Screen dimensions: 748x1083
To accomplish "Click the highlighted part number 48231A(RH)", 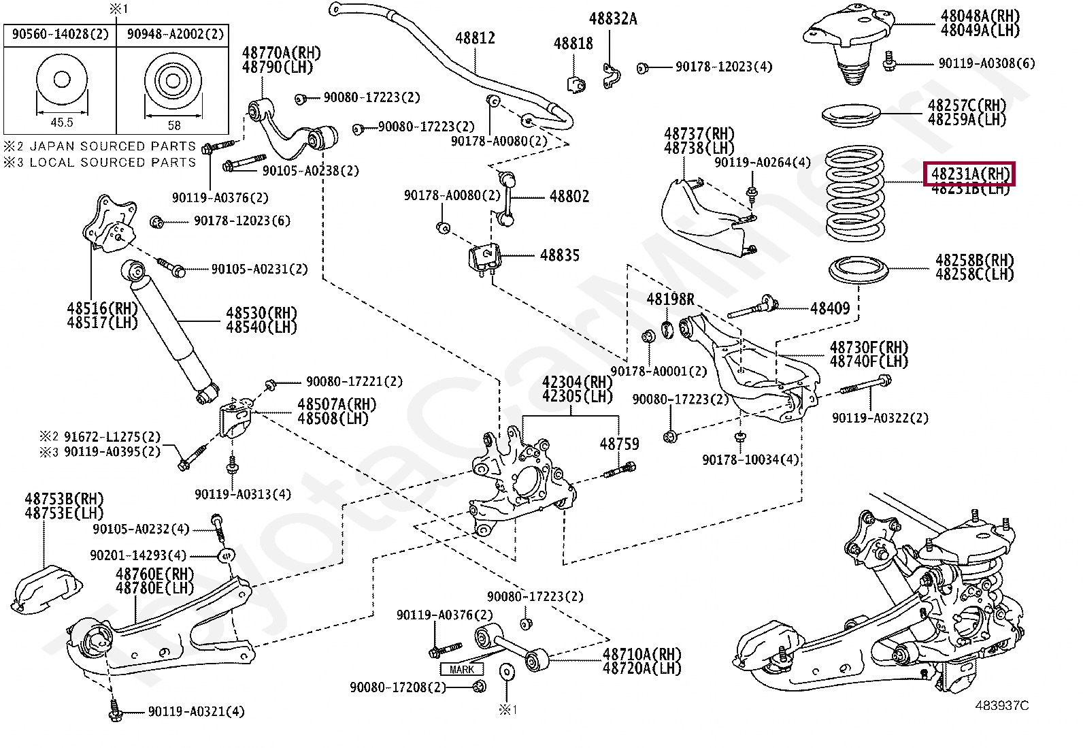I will click(x=969, y=174).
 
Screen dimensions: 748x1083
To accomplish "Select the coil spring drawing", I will click(x=854, y=193).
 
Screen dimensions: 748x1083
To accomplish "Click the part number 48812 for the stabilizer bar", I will click(x=475, y=39).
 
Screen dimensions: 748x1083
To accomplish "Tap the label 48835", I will click(x=560, y=256).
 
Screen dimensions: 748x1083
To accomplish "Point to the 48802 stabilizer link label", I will click(x=569, y=197).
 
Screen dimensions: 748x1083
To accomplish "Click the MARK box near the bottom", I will click(x=461, y=670).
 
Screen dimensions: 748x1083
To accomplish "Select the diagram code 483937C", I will click(x=1001, y=706).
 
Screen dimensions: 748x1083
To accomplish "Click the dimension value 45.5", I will click(x=61, y=123).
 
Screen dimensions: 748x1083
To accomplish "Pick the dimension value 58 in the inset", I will click(x=174, y=125).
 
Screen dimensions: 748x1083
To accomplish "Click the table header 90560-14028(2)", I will click(x=61, y=34).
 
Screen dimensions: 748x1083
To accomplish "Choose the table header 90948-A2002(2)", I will click(x=175, y=34).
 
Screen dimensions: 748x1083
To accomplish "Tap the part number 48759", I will click(x=619, y=444).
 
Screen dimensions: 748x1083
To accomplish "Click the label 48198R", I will click(x=670, y=299).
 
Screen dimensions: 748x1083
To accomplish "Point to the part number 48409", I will click(x=830, y=309).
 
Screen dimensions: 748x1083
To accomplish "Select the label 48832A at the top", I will click(x=613, y=19).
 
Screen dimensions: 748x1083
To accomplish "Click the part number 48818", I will click(x=573, y=44).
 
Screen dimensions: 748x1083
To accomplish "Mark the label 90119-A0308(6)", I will click(x=986, y=63).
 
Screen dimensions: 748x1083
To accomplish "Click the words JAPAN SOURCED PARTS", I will click(x=113, y=146).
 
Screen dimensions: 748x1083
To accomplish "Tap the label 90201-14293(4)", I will click(x=138, y=555).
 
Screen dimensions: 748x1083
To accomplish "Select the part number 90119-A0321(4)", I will click(x=196, y=712).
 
